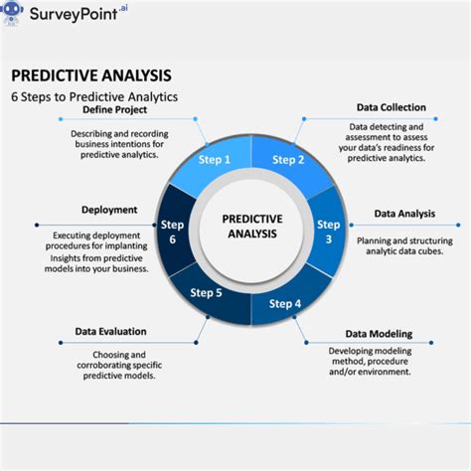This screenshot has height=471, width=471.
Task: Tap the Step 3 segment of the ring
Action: click(329, 232)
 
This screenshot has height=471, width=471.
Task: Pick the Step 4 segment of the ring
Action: click(285, 303)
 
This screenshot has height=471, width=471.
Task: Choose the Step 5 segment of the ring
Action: click(206, 292)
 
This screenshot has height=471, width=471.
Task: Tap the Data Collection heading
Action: click(392, 107)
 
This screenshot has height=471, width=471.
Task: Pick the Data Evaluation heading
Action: click(110, 331)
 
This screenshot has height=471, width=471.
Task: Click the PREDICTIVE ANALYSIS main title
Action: click(90, 76)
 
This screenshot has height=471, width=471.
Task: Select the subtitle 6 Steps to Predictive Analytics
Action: click(94, 97)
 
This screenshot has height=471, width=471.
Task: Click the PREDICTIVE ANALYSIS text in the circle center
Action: click(251, 226)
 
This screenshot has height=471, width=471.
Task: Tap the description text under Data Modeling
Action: click(370, 361)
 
